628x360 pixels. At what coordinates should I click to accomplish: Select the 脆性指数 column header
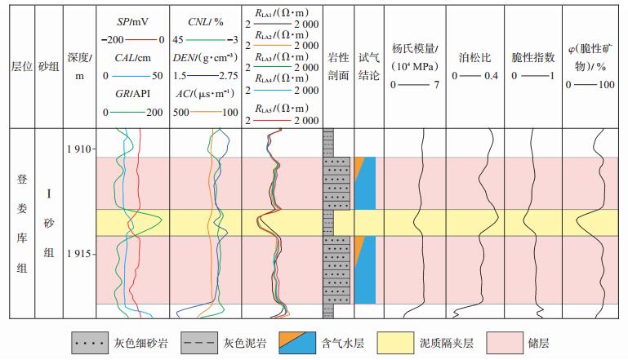pos(533,59)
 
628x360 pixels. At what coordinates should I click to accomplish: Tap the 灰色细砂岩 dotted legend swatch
pos(91,340)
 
